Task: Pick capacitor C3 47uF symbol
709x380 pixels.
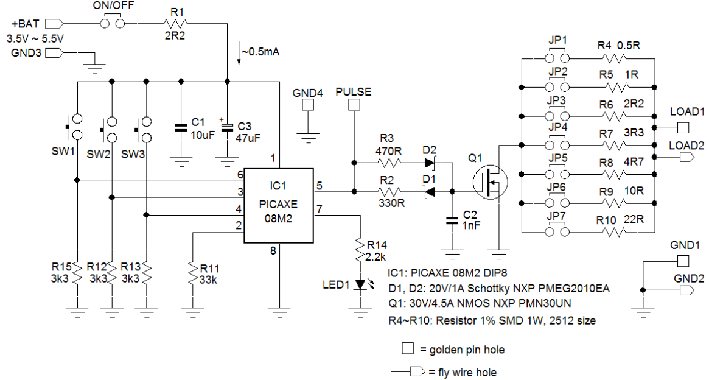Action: point(227,127)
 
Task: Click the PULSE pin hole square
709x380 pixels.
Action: point(353,105)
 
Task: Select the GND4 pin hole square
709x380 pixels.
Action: point(309,105)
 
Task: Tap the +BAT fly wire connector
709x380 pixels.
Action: point(54,24)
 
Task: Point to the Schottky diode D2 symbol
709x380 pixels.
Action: point(431,163)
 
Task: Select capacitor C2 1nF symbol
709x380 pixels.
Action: point(452,220)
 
